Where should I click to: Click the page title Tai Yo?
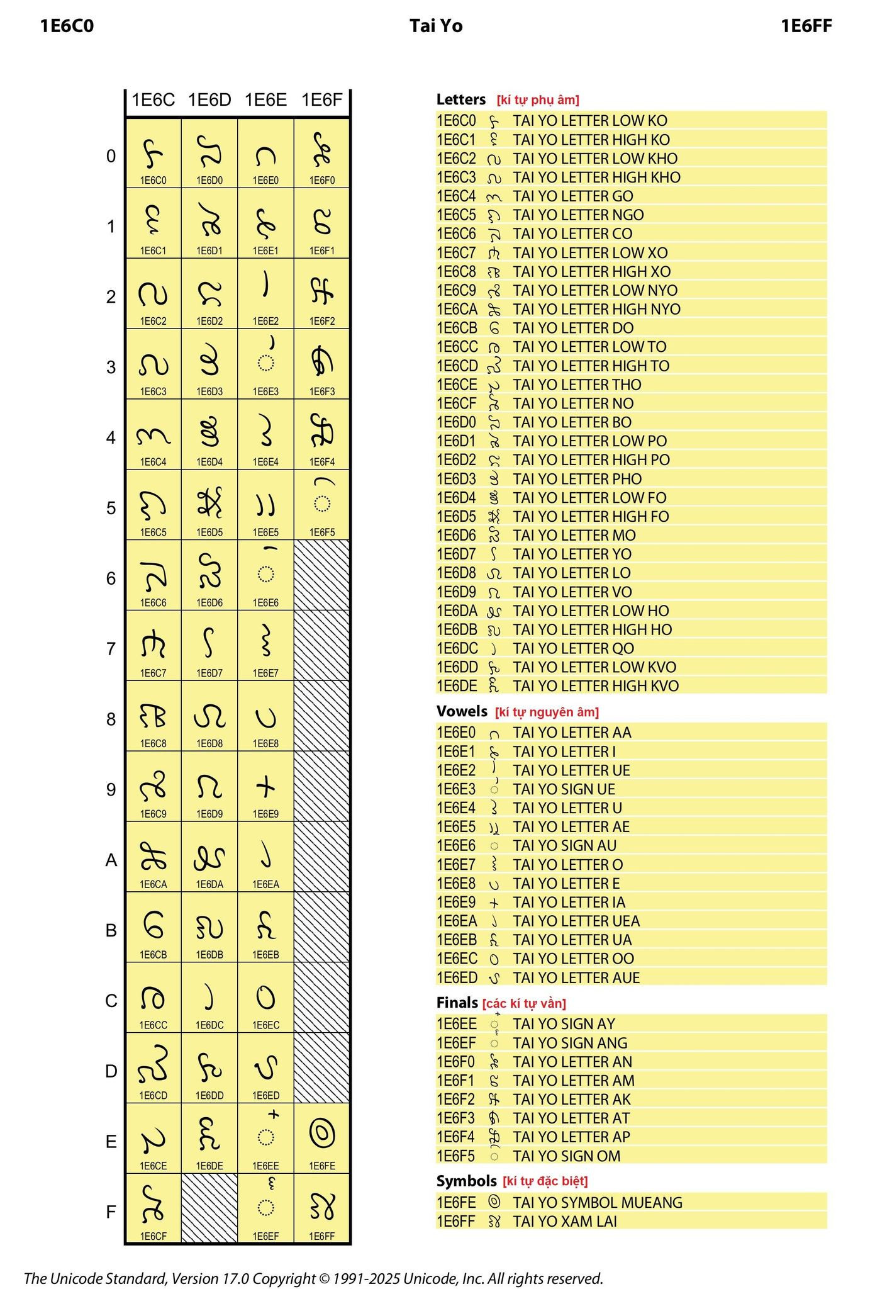pyautogui.click(x=436, y=26)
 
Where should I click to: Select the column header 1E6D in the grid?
pyautogui.click(x=209, y=100)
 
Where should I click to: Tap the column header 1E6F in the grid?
pyautogui.click(x=322, y=100)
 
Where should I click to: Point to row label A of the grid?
pyautogui.click(x=111, y=860)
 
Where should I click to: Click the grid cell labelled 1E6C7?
pyautogui.click(x=153, y=646)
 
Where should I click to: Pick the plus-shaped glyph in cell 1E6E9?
pyautogui.click(x=266, y=786)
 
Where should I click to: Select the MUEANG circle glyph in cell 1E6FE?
pyautogui.click(x=322, y=1134)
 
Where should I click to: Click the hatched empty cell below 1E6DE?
pyautogui.click(x=209, y=1208)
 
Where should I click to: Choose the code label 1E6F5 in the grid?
pyautogui.click(x=322, y=532)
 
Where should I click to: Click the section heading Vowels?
pyautogui.click(x=462, y=711)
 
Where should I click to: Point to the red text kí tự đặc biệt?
pyautogui.click(x=554, y=1181)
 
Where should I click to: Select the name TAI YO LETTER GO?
pyautogui.click(x=573, y=196)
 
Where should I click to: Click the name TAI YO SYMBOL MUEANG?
pyautogui.click(x=598, y=1202)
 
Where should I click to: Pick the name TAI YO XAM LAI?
pyautogui.click(x=565, y=1221)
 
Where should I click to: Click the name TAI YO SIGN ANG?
pyautogui.click(x=570, y=1043)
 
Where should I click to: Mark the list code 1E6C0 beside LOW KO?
pyautogui.click(x=457, y=121)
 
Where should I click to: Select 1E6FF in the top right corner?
pyautogui.click(x=806, y=26)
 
